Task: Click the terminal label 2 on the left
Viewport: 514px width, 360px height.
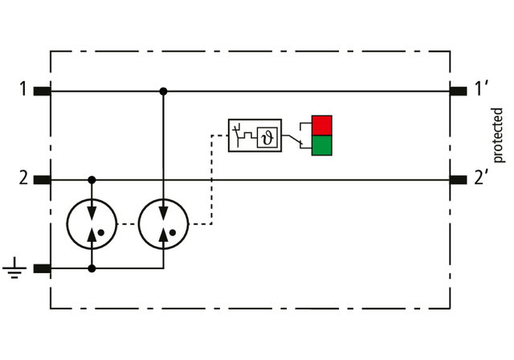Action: point(24,178)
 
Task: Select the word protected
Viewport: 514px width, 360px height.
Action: point(497,134)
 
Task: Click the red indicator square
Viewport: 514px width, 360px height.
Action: point(322,125)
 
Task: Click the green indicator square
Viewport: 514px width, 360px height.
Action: point(322,145)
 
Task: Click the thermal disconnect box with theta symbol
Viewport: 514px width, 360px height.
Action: point(255,136)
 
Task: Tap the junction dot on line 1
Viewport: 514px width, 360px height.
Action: point(163,91)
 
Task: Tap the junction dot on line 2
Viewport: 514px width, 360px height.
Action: point(92,179)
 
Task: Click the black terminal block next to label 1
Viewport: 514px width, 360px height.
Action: point(43,91)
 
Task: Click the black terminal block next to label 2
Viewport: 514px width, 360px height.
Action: point(43,179)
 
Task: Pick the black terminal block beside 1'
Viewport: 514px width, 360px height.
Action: point(459,91)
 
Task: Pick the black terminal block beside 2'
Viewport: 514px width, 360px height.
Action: point(459,179)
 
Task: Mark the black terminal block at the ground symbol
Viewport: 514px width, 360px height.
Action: point(43,268)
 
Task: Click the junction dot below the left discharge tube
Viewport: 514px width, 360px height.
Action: point(92,268)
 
